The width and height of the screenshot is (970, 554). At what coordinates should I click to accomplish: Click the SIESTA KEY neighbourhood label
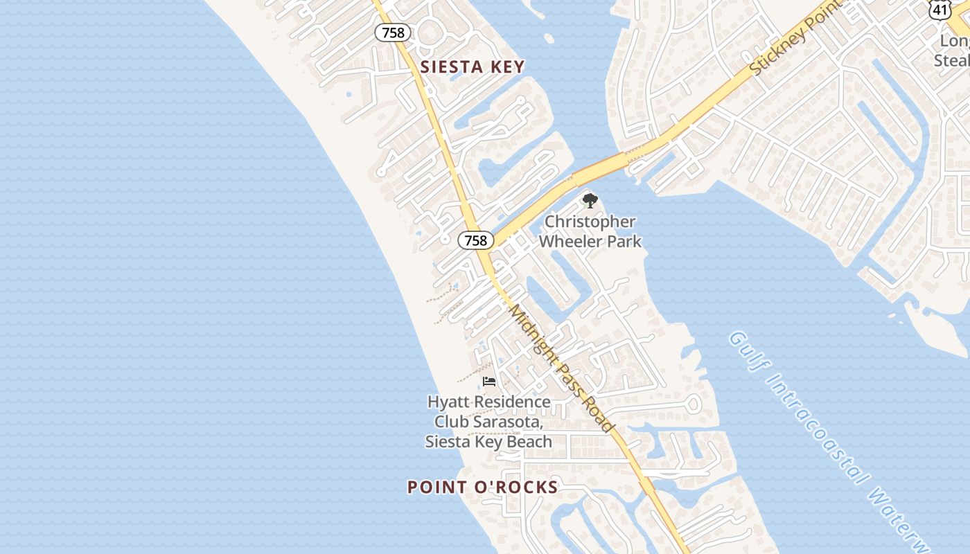473,66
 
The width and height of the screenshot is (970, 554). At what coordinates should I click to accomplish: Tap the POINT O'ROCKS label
482,487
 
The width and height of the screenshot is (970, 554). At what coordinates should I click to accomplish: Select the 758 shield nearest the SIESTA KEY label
393,32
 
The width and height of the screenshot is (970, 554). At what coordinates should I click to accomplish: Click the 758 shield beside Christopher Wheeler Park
475,240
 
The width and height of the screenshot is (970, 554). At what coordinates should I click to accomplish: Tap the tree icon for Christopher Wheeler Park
590,202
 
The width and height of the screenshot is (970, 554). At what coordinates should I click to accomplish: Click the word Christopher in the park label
590,222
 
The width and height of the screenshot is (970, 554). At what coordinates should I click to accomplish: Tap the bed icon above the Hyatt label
489,382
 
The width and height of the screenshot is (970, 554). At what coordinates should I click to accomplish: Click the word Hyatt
448,402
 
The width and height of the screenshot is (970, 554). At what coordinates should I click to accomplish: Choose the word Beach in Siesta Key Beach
528,441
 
